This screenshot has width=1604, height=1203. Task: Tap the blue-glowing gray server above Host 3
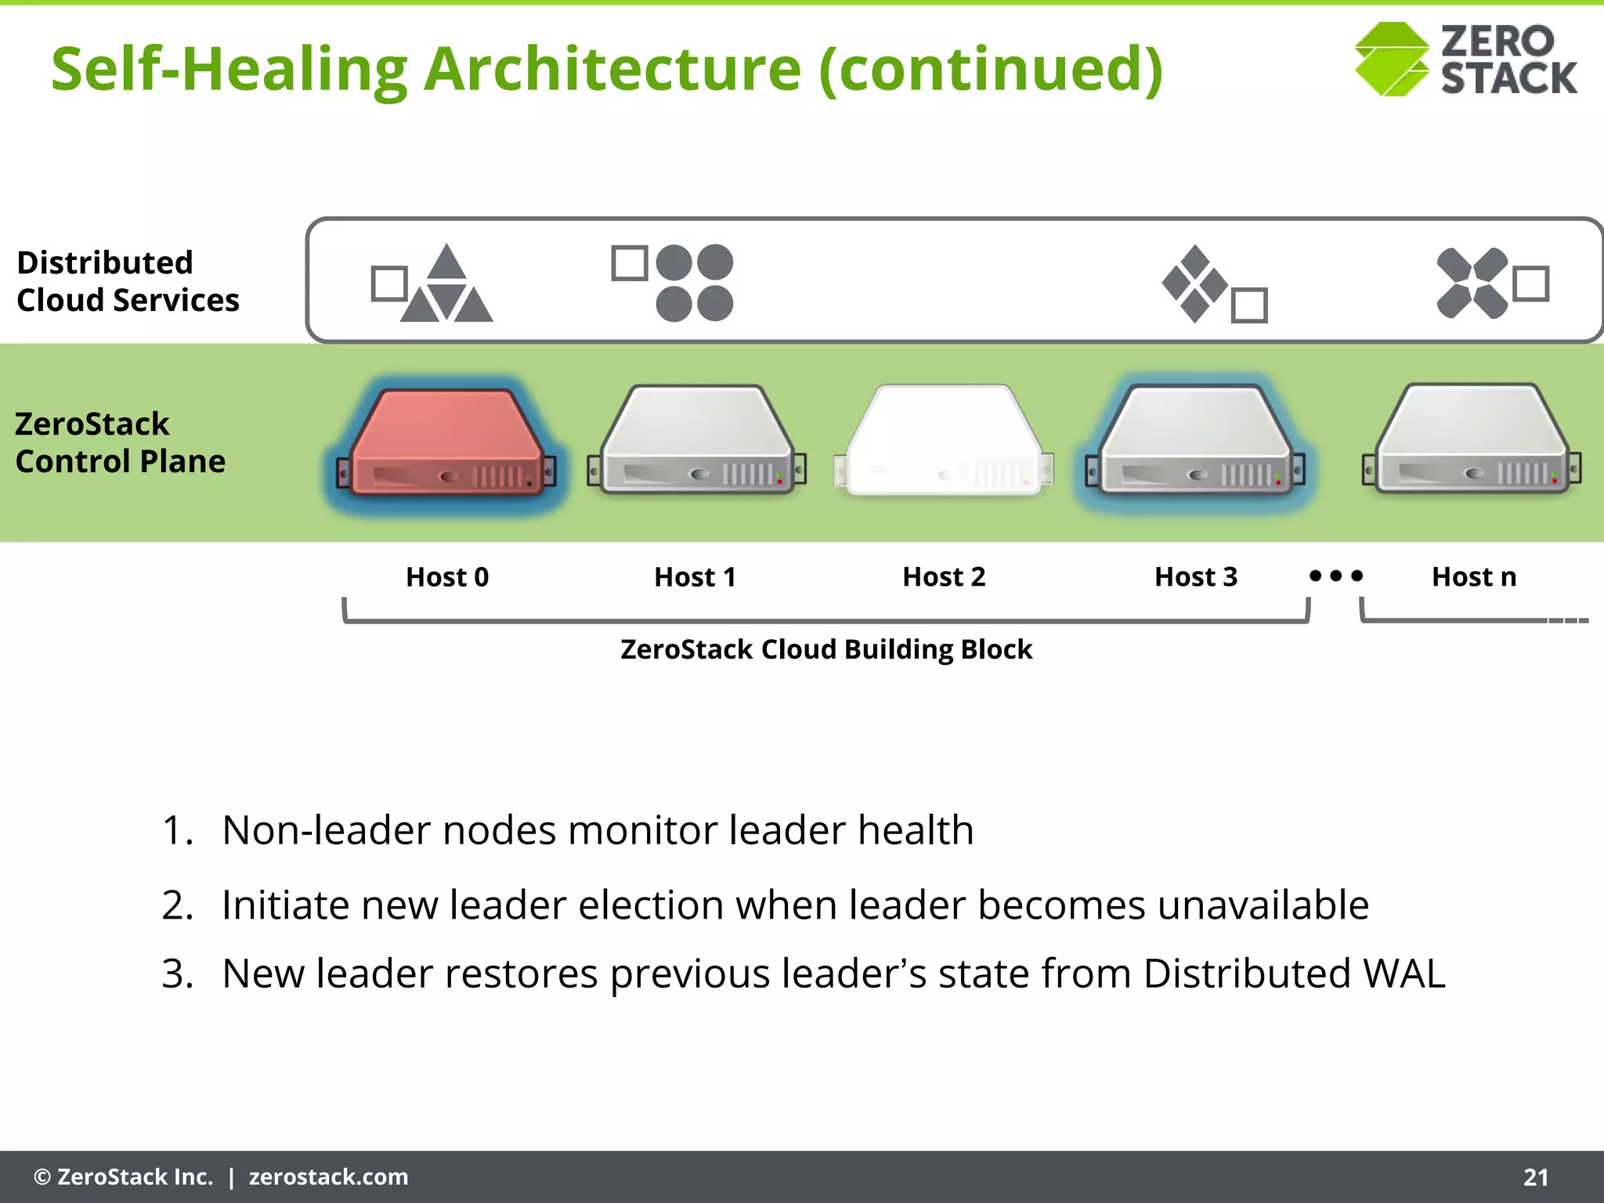point(1196,443)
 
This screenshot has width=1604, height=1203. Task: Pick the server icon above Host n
point(1472,440)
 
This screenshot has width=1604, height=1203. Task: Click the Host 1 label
point(695,577)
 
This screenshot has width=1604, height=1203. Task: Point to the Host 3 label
point(1196,577)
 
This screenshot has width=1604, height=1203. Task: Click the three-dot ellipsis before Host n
point(1336,576)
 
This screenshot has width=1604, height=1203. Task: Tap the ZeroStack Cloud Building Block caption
point(826,649)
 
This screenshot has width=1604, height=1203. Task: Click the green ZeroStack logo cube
point(1392,60)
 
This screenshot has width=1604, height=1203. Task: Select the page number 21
point(1536,1177)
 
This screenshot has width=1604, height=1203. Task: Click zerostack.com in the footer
point(328,1177)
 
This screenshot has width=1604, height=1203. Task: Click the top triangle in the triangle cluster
point(447,262)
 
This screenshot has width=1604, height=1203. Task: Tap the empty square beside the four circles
point(629,263)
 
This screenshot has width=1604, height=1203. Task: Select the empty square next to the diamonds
point(1249,305)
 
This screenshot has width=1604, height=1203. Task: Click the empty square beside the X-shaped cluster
point(1531,284)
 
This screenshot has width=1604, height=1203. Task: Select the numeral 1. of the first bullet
point(177,830)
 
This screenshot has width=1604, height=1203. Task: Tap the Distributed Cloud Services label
point(128,281)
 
